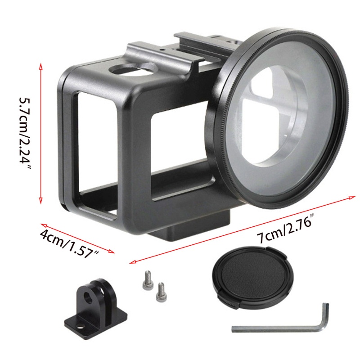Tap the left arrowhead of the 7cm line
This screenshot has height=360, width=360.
coord(131,261)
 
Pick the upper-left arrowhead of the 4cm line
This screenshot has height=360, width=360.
coord(43,224)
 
